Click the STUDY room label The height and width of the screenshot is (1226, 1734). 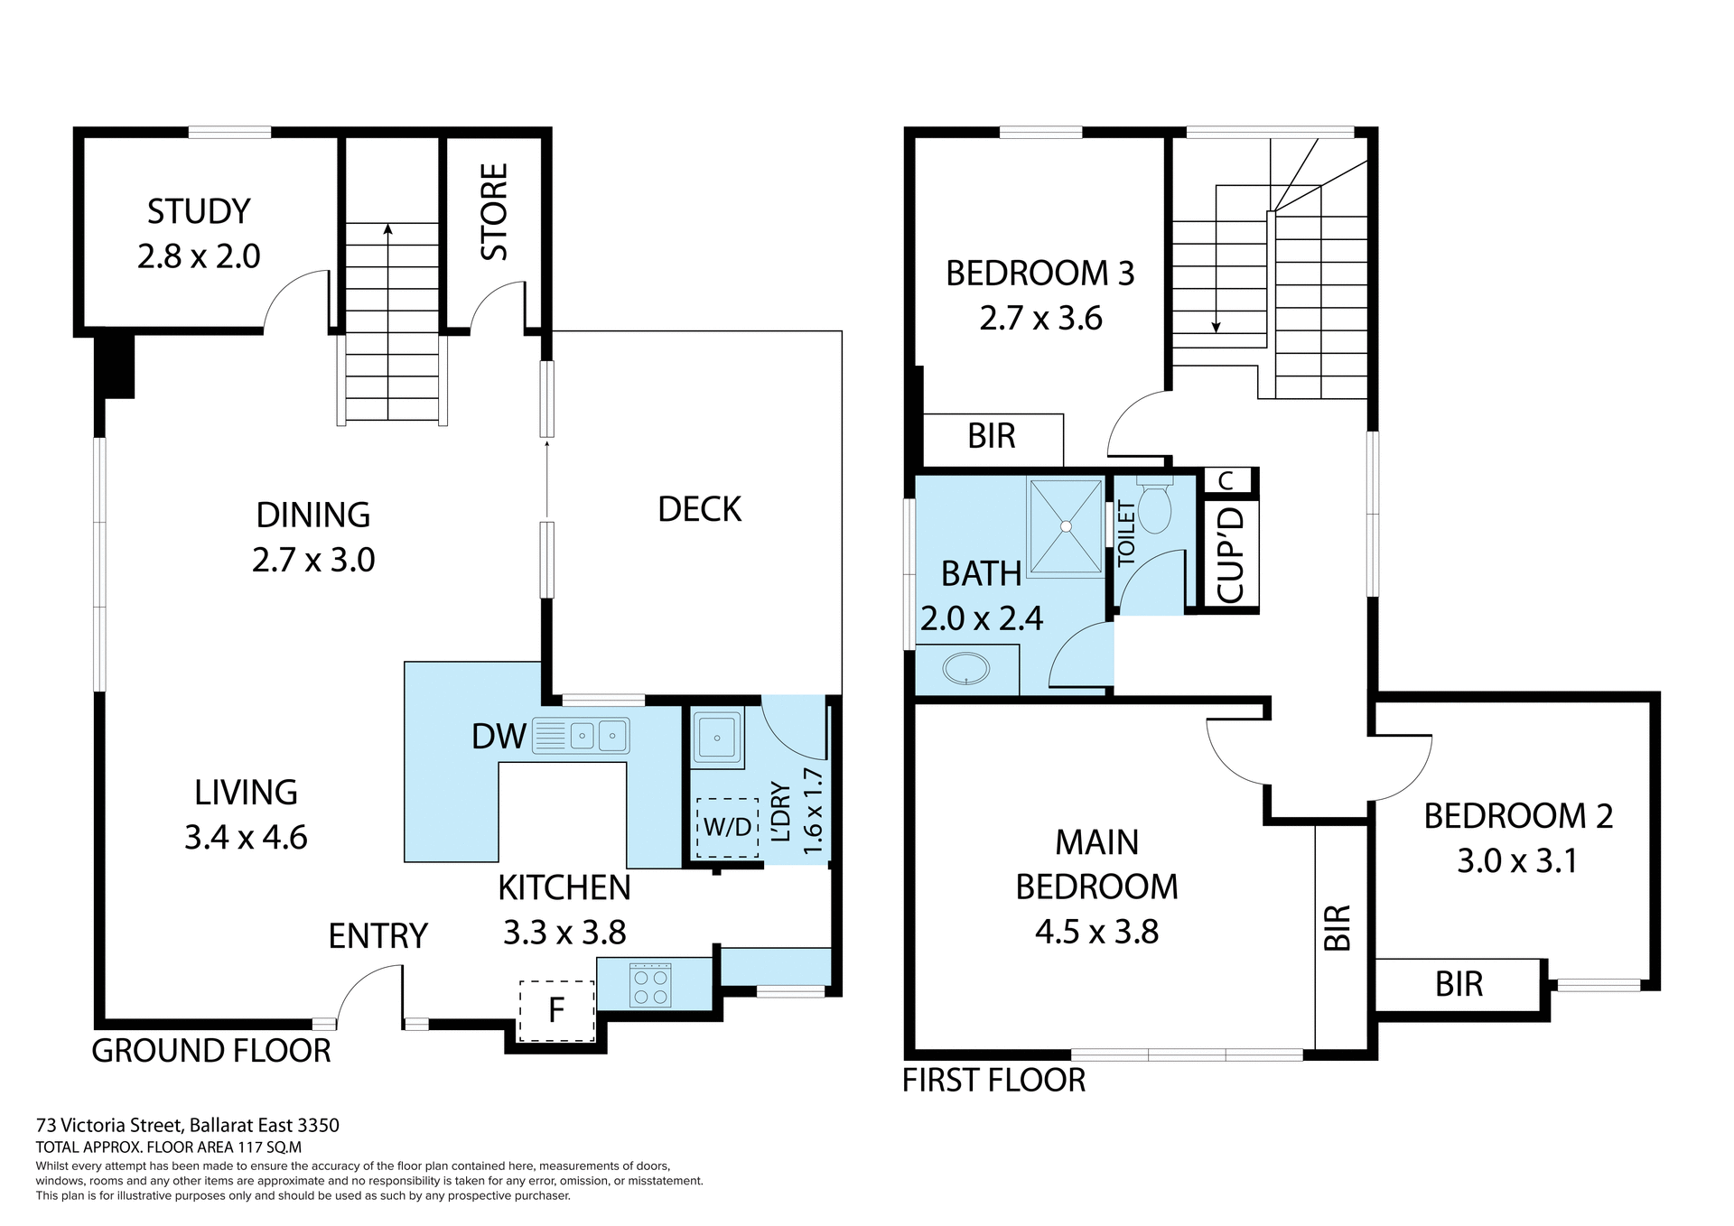199,212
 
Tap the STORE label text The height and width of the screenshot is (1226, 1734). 494,212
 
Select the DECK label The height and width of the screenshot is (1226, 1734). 699,510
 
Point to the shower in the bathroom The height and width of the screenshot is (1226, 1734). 1066,526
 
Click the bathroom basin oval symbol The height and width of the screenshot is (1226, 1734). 966,670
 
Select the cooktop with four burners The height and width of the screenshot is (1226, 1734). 650,986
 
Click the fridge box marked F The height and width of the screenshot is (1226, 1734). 556,1009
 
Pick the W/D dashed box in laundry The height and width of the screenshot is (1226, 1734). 727,827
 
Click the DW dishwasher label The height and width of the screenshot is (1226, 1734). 499,737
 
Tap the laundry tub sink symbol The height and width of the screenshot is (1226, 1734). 717,738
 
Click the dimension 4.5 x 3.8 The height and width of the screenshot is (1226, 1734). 1096,932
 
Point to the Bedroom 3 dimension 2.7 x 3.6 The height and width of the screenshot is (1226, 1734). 1040,319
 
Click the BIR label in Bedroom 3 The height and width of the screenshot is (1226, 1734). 992,437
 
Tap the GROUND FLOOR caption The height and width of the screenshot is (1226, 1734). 211,1051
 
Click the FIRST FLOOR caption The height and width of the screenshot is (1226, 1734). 993,1080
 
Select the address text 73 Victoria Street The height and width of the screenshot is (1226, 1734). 188,1125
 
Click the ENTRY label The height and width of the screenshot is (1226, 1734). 378,936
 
